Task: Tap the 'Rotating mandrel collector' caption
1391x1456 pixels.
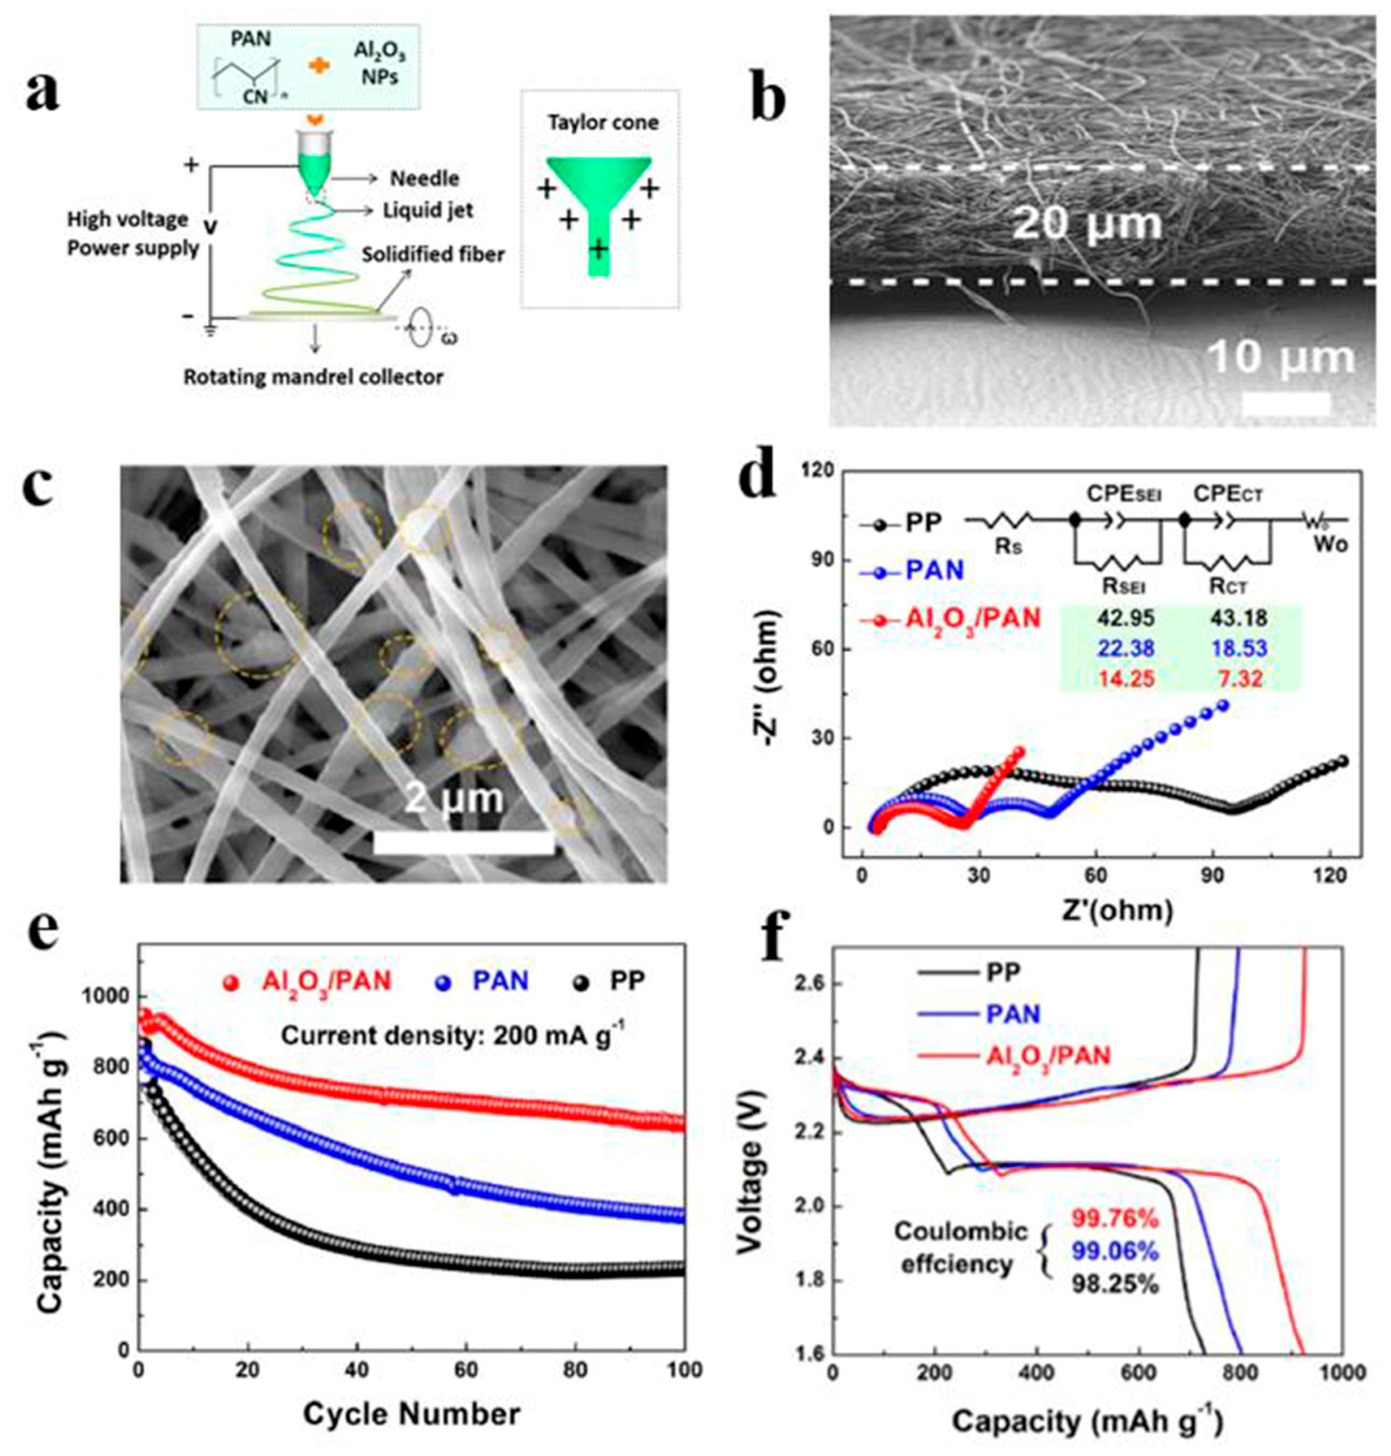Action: [313, 377]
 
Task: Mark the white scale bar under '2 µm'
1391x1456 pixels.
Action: [464, 844]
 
